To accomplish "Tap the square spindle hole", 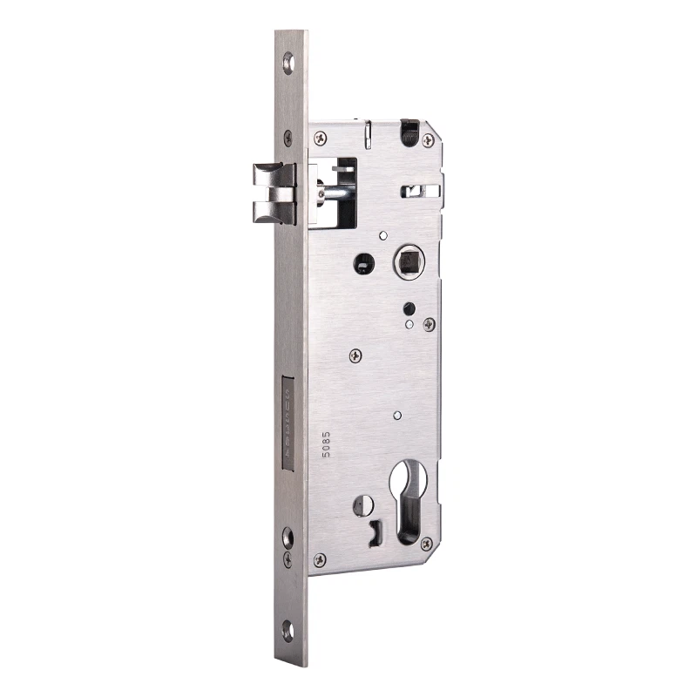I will click(x=406, y=261).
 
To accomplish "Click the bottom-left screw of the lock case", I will click(x=320, y=559).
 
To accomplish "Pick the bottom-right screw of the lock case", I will click(x=427, y=545).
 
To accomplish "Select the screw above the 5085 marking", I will click(x=355, y=355).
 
